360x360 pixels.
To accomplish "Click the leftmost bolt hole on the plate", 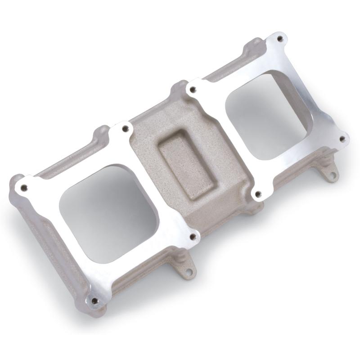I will tap(24, 187).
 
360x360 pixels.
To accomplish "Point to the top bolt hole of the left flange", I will tap(125, 129).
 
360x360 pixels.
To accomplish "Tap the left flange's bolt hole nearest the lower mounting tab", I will tap(193, 236).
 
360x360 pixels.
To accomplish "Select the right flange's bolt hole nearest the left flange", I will tap(193, 90).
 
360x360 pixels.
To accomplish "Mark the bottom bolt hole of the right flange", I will tap(257, 194).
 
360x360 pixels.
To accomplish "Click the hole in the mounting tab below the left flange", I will tap(189, 272).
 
